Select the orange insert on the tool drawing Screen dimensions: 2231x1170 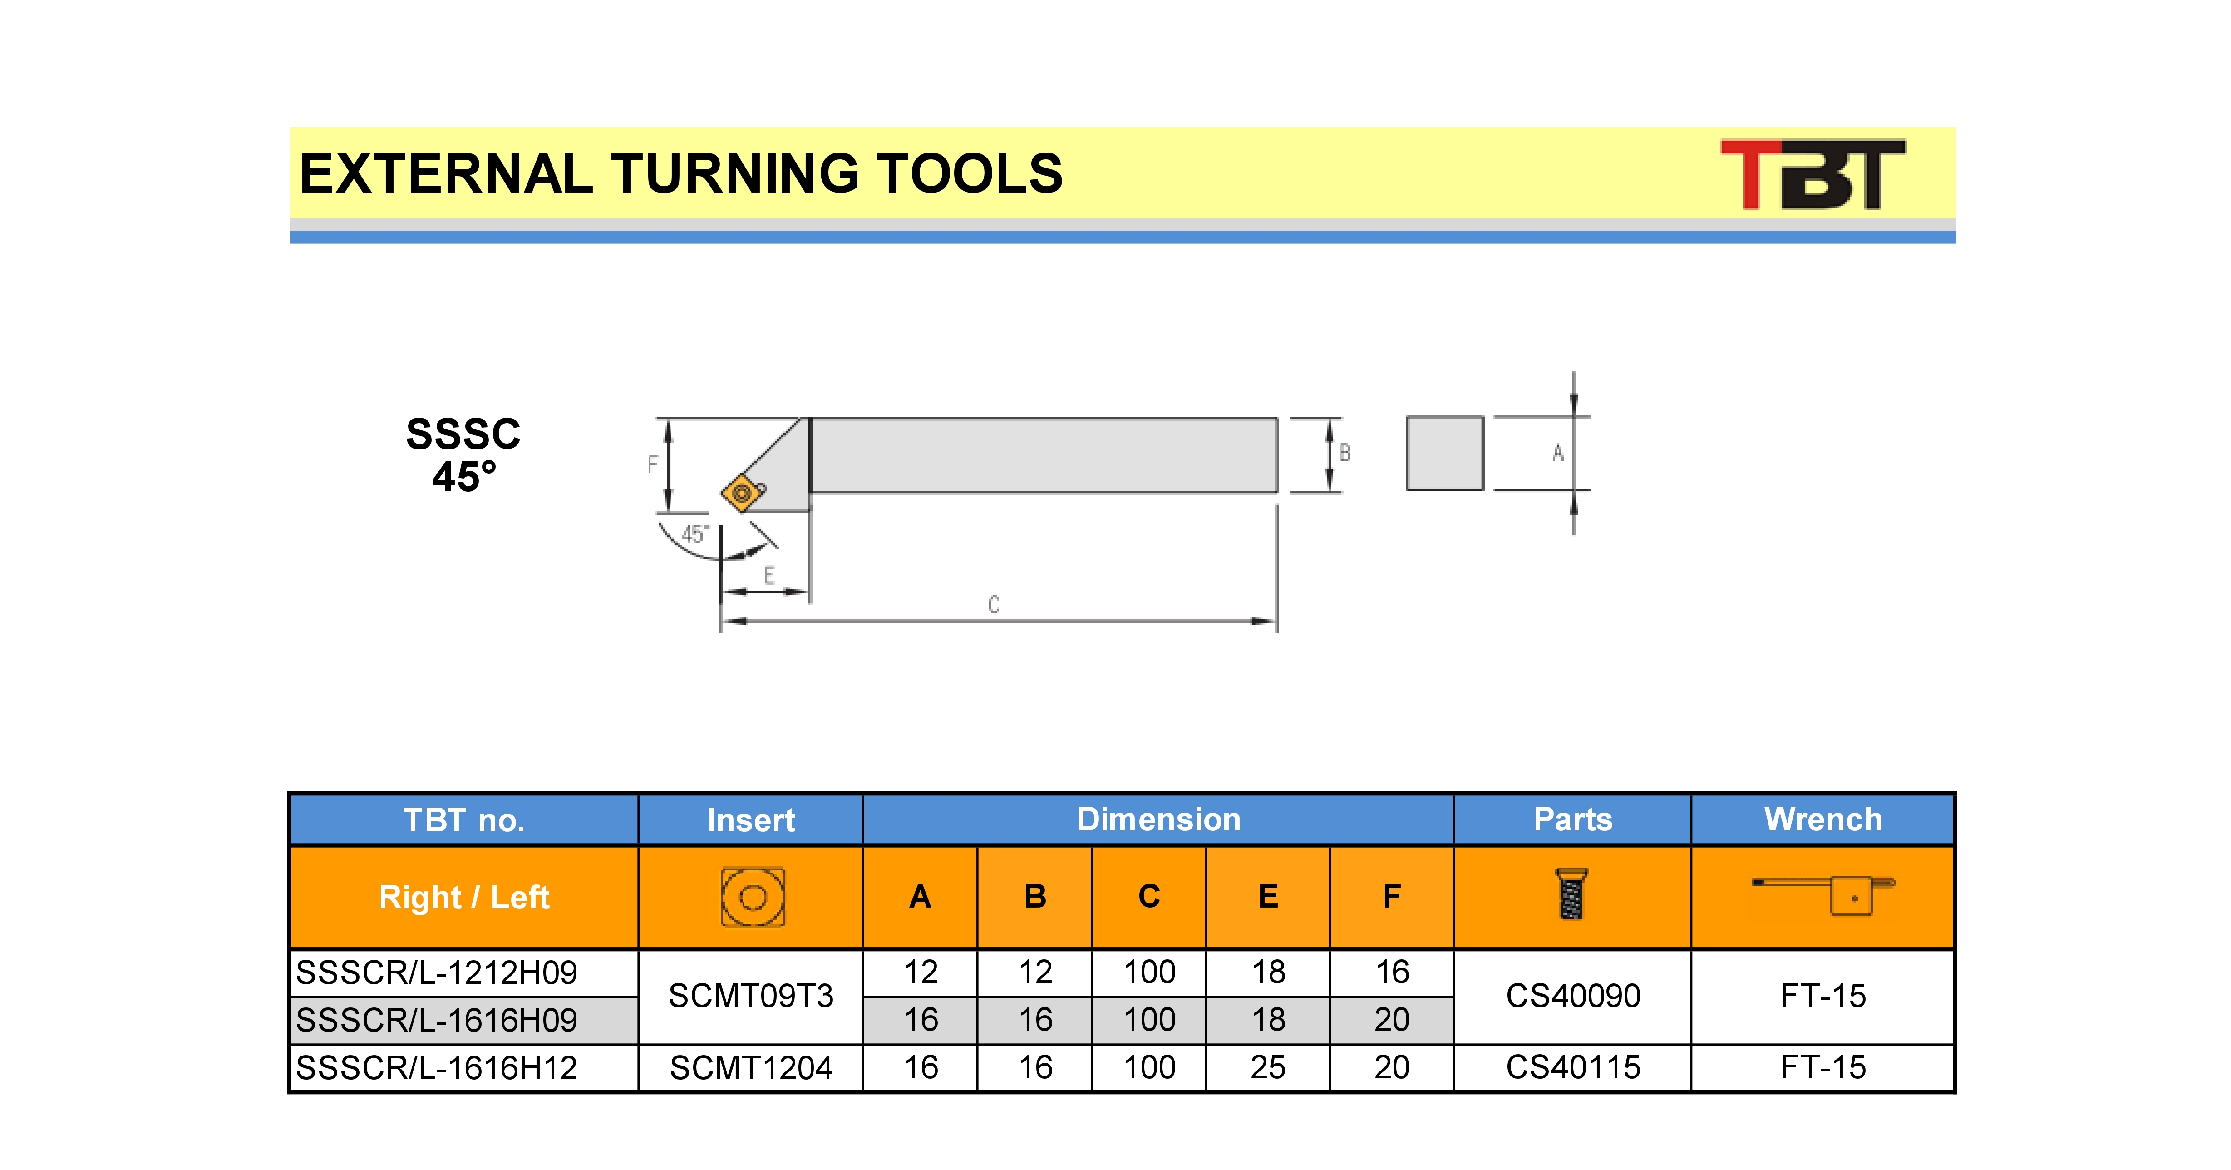coord(742,493)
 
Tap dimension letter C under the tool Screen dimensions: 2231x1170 coord(993,604)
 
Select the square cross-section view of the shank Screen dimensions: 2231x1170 coord(1445,453)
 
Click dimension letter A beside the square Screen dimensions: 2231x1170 coord(1558,453)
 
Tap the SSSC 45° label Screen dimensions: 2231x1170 coord(463,454)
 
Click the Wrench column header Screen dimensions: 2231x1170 coord(1823,819)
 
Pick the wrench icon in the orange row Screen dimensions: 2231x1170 coord(1823,894)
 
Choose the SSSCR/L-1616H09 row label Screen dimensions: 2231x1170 coord(437,1020)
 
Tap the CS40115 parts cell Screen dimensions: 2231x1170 coord(1573,1067)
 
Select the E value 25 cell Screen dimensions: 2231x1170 coord(1268,1067)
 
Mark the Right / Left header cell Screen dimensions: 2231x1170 coord(464,897)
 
